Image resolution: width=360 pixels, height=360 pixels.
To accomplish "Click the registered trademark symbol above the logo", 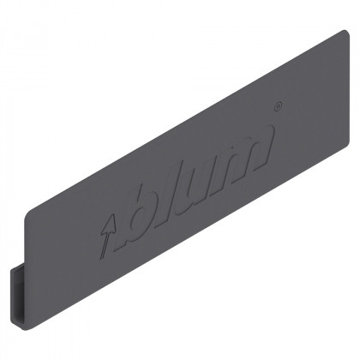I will [x=276, y=107].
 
